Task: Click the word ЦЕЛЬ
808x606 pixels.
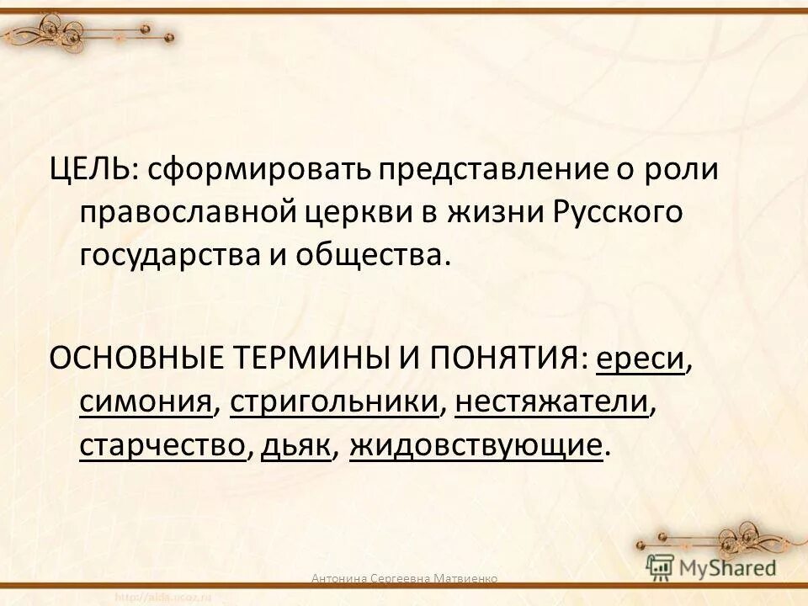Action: pyautogui.click(x=88, y=169)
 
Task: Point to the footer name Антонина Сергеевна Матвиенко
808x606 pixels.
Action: pyautogui.click(x=404, y=578)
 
